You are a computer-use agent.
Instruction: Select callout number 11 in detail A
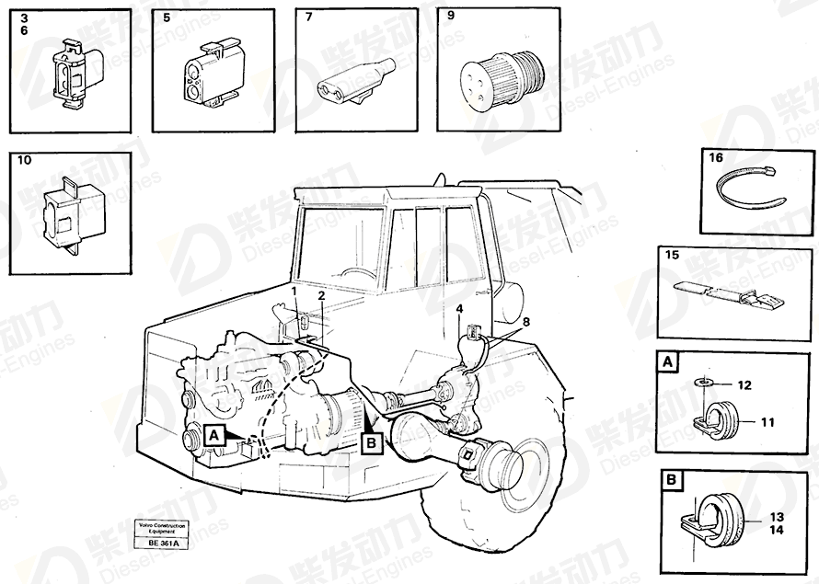click(768, 422)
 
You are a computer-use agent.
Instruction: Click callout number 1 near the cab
click(294, 291)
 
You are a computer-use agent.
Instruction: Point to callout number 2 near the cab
click(321, 296)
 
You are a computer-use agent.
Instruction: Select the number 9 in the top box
click(450, 16)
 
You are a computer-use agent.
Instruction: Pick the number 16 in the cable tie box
click(716, 158)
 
